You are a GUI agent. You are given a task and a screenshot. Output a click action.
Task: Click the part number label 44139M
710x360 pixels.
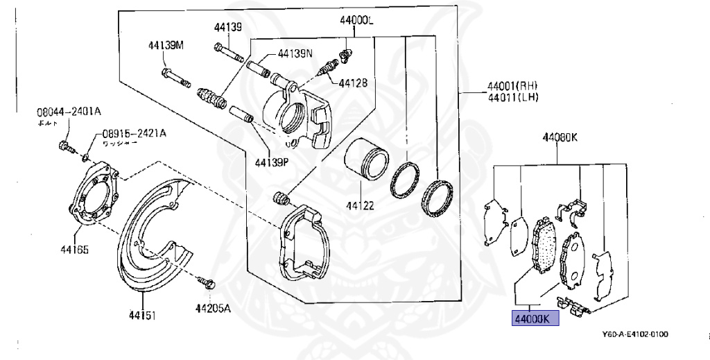click(166, 46)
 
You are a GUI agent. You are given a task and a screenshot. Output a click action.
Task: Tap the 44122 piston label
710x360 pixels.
click(361, 205)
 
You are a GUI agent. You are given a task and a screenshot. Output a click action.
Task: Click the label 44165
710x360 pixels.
click(74, 249)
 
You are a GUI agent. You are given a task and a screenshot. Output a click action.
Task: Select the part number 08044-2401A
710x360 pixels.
click(69, 111)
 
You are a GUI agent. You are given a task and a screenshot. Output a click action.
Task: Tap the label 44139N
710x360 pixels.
click(295, 53)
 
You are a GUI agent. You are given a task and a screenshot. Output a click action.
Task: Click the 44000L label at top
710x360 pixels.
click(356, 21)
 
